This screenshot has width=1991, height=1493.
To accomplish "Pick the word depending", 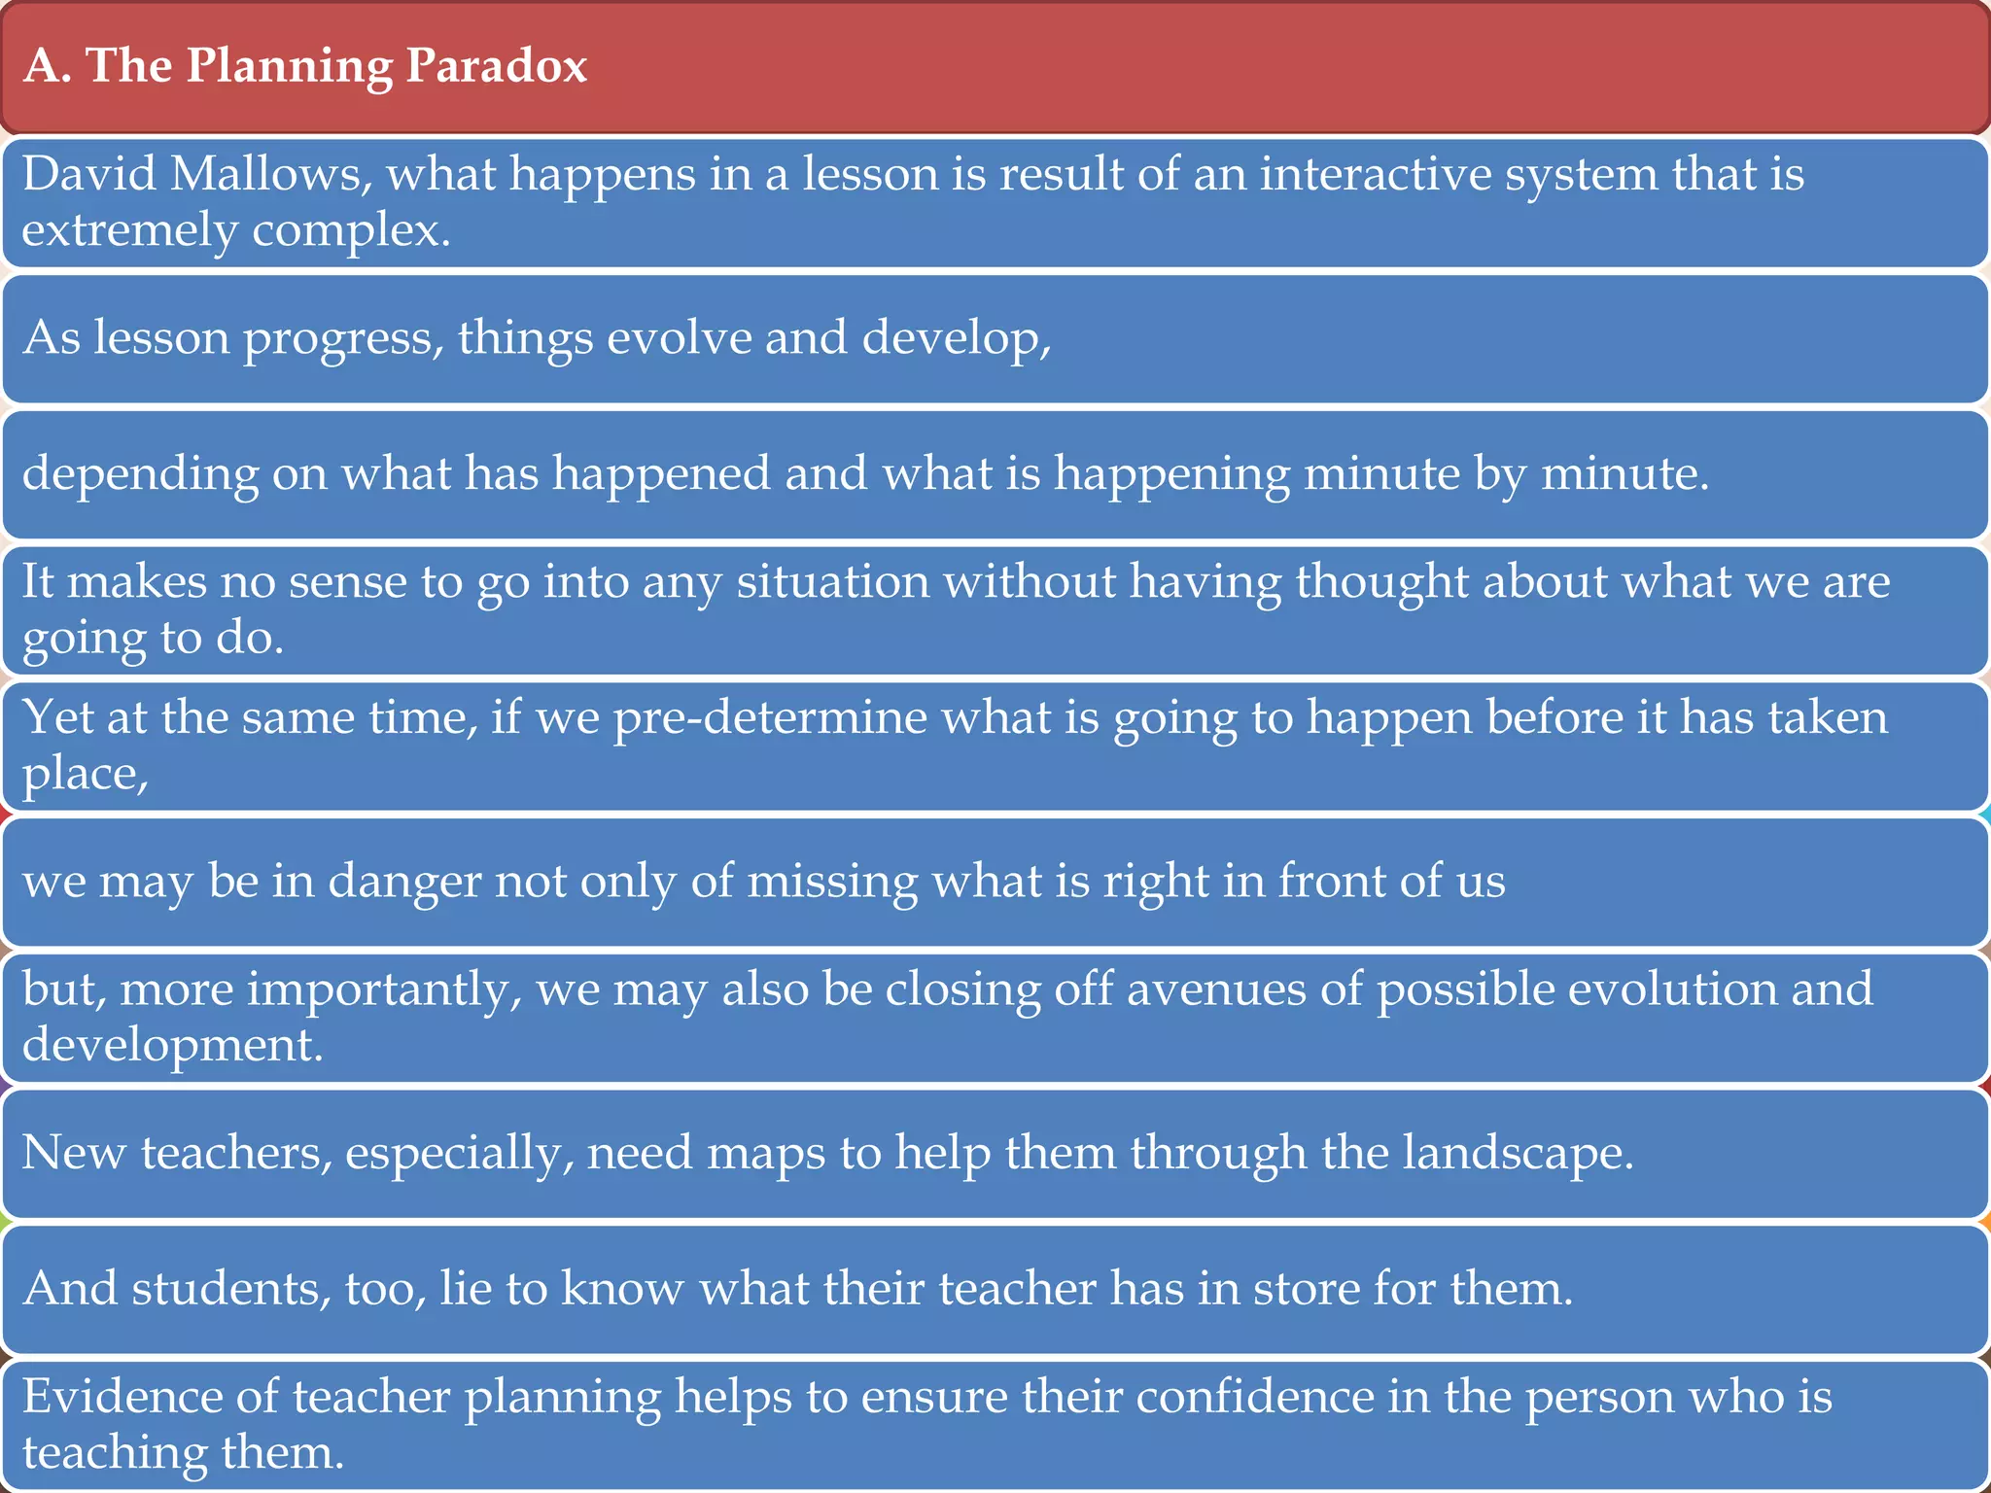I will pos(140,474).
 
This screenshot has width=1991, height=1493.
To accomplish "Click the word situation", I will pos(832,582).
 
